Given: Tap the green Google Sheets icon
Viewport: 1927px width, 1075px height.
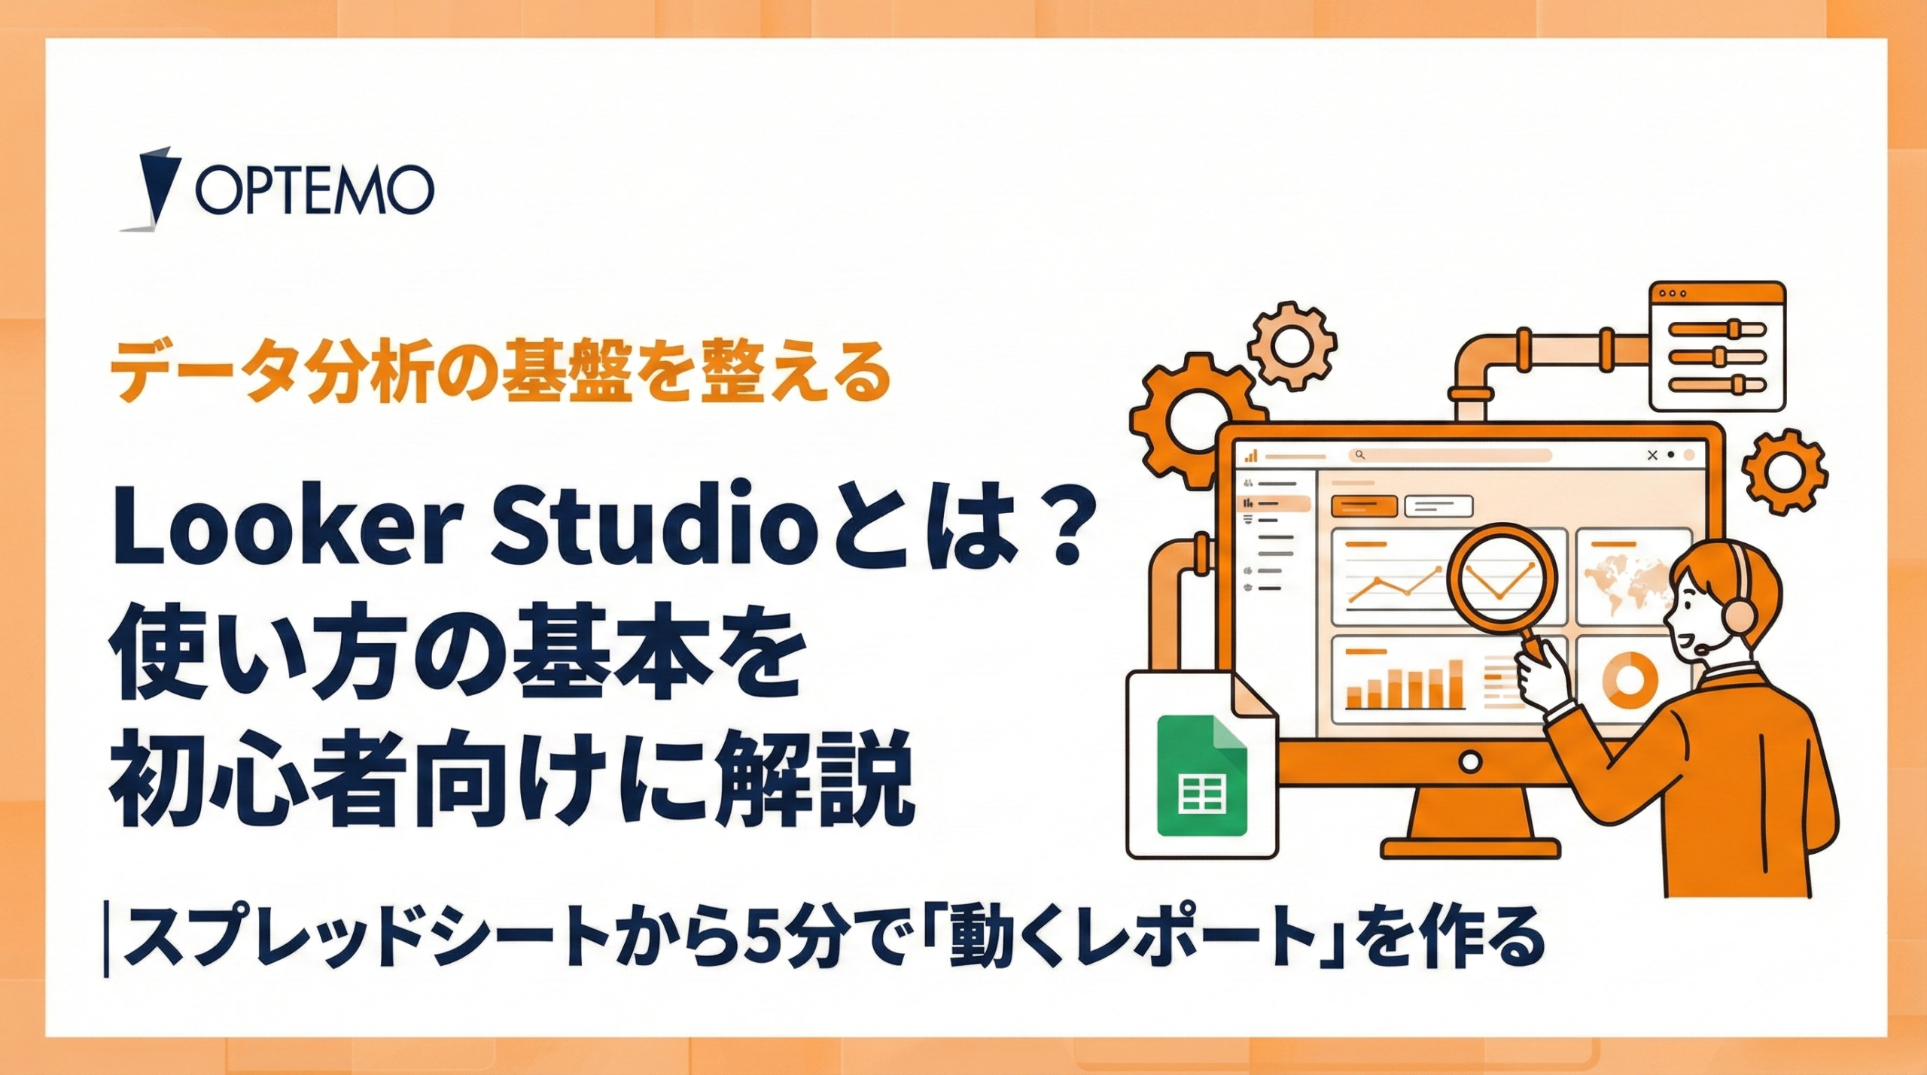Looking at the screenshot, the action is pos(1201,776).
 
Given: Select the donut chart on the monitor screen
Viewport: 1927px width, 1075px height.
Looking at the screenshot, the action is pos(1630,679).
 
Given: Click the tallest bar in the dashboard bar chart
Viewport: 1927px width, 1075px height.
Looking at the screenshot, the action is pos(1456,684).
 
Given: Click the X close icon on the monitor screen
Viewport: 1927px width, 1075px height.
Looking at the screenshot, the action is pos(1652,455).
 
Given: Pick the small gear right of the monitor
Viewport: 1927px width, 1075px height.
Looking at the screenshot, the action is pos(1785,472).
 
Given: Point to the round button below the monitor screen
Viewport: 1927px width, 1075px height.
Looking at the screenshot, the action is pos(1470,762).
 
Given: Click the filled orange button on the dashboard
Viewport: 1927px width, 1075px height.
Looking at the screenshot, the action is pos(1364,506).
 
